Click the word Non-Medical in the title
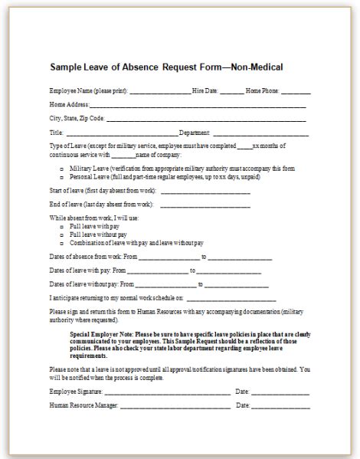[254, 67]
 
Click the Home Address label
[69, 104]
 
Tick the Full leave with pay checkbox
[62, 228]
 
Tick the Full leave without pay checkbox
[62, 235]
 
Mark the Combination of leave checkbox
[62, 243]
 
